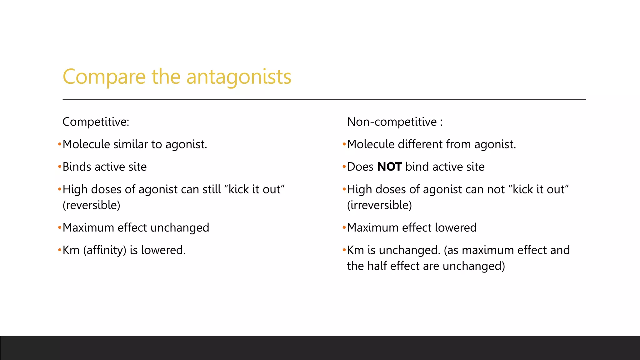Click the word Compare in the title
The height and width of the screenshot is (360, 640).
click(104, 77)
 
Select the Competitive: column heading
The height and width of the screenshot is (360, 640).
click(96, 122)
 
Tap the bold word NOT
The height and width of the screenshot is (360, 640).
click(389, 167)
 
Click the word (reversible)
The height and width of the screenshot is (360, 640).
click(91, 205)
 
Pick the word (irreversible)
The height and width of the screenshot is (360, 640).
click(379, 205)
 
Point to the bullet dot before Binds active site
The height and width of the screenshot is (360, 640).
click(59, 167)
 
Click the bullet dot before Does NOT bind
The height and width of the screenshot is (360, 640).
click(344, 167)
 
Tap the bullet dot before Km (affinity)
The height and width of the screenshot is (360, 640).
click(59, 250)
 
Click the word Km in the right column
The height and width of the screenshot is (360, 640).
click(356, 250)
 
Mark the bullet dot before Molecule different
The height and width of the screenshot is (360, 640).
click(344, 144)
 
